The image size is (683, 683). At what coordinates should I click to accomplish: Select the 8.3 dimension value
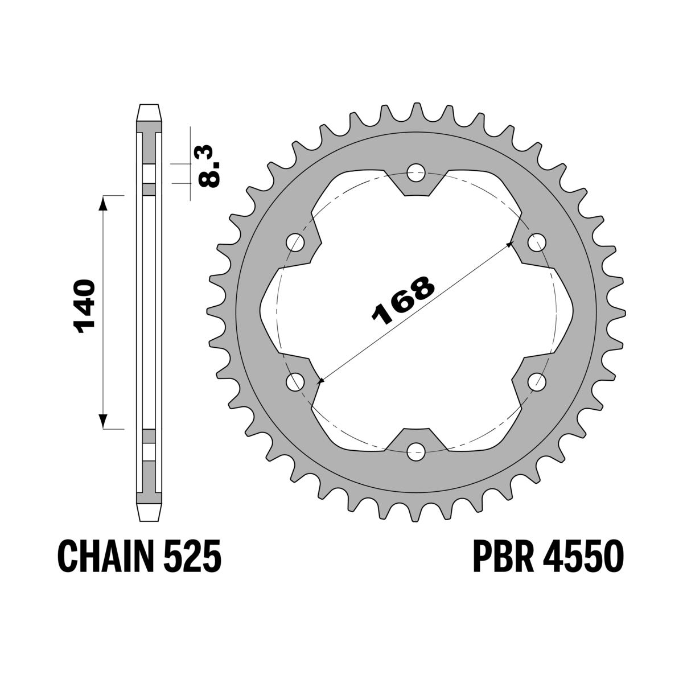tap(209, 166)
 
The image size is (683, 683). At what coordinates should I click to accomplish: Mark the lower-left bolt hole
tap(295, 381)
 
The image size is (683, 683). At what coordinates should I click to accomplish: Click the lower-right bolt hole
tap(536, 381)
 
